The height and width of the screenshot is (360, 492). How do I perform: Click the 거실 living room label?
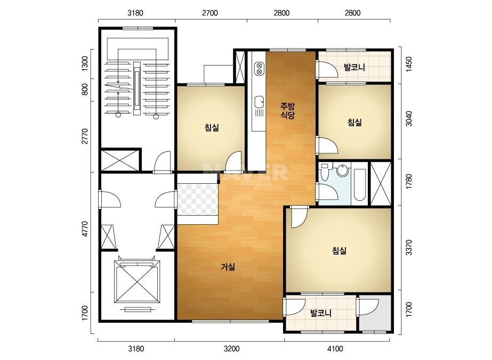(x=228, y=267)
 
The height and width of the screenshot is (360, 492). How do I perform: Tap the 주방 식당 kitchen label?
(x=288, y=110)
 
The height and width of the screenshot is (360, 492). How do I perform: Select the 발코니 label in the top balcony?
(x=354, y=67)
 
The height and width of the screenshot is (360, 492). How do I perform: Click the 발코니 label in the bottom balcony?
(x=321, y=313)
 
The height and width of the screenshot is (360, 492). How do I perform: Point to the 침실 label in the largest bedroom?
(x=339, y=250)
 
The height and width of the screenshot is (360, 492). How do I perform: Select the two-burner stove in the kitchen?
(x=259, y=69)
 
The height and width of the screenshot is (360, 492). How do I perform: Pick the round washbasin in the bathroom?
(x=343, y=171)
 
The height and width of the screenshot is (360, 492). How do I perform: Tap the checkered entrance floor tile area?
(x=197, y=199)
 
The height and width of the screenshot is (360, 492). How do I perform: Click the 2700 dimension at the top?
(x=209, y=13)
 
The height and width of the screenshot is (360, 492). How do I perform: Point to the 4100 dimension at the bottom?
(x=335, y=348)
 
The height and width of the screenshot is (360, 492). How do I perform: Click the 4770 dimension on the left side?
(x=84, y=229)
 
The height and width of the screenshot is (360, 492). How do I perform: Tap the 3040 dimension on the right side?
(x=408, y=118)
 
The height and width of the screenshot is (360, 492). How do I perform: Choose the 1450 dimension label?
(x=408, y=64)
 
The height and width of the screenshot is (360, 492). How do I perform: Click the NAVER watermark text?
(x=245, y=172)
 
